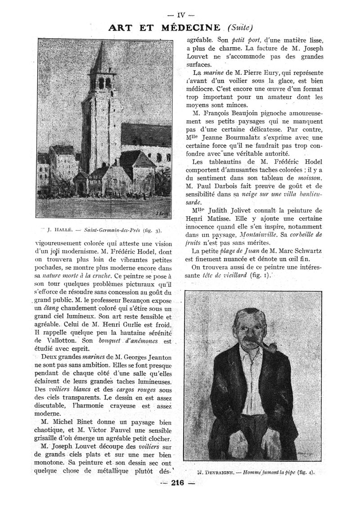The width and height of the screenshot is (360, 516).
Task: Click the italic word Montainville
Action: (265, 235)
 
